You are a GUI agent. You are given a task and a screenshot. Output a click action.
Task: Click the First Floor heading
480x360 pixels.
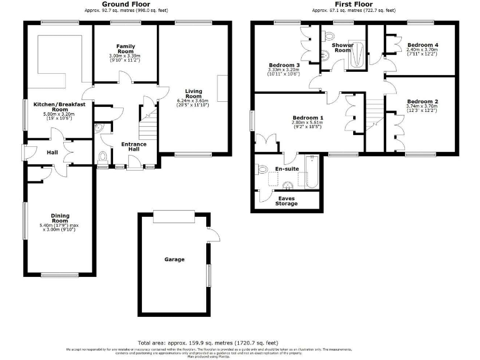[353, 4]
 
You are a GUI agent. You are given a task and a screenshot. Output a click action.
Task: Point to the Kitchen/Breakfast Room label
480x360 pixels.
[59, 106]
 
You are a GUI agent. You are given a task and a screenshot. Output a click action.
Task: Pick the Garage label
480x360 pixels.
[174, 259]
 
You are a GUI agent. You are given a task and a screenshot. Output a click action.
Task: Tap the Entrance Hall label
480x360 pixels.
[134, 147]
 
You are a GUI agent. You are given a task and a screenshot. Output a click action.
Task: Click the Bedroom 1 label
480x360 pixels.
[307, 118]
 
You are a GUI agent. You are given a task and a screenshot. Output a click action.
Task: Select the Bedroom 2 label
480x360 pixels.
[422, 101]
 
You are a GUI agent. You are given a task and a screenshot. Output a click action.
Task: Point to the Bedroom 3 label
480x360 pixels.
[284, 65]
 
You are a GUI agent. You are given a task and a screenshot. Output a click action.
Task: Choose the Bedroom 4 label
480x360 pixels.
[422, 45]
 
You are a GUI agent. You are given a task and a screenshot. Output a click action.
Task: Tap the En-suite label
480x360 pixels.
[287, 169]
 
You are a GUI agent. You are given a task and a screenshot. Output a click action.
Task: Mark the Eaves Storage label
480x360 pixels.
[287, 201]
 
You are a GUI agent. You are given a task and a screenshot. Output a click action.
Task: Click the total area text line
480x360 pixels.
[208, 343]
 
